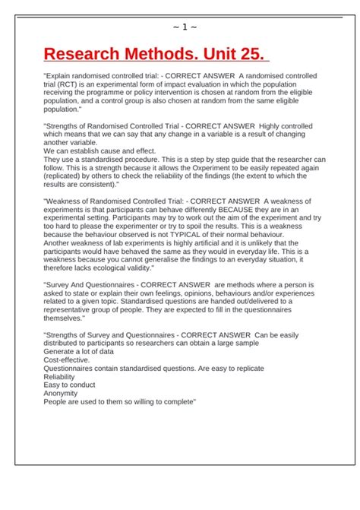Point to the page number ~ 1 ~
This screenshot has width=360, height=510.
click(185, 28)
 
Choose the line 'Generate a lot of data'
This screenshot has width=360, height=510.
click(79, 351)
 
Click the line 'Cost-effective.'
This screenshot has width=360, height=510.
click(67, 360)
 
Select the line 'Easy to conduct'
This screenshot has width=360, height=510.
click(69, 385)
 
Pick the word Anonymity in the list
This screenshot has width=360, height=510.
click(61, 393)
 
